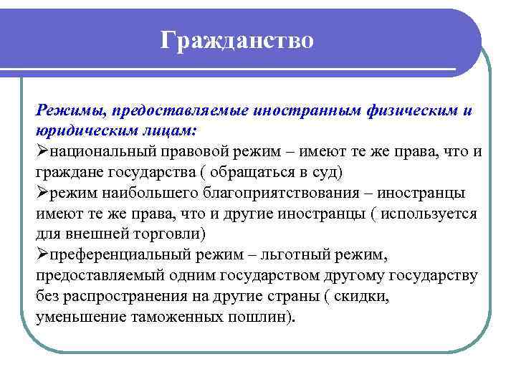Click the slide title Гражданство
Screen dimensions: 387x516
[237, 39]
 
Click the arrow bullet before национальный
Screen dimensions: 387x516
[42, 152]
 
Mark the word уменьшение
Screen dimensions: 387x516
[80, 317]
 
